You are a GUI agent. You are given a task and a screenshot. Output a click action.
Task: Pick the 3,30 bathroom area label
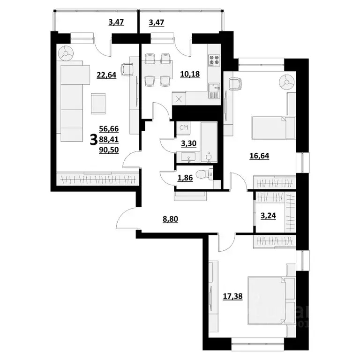(x=189, y=143)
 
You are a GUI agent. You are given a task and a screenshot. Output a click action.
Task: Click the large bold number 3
(x=94, y=139)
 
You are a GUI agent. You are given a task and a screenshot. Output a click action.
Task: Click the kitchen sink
(x=214, y=90)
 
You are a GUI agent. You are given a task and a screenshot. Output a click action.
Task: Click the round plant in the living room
(x=66, y=53)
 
